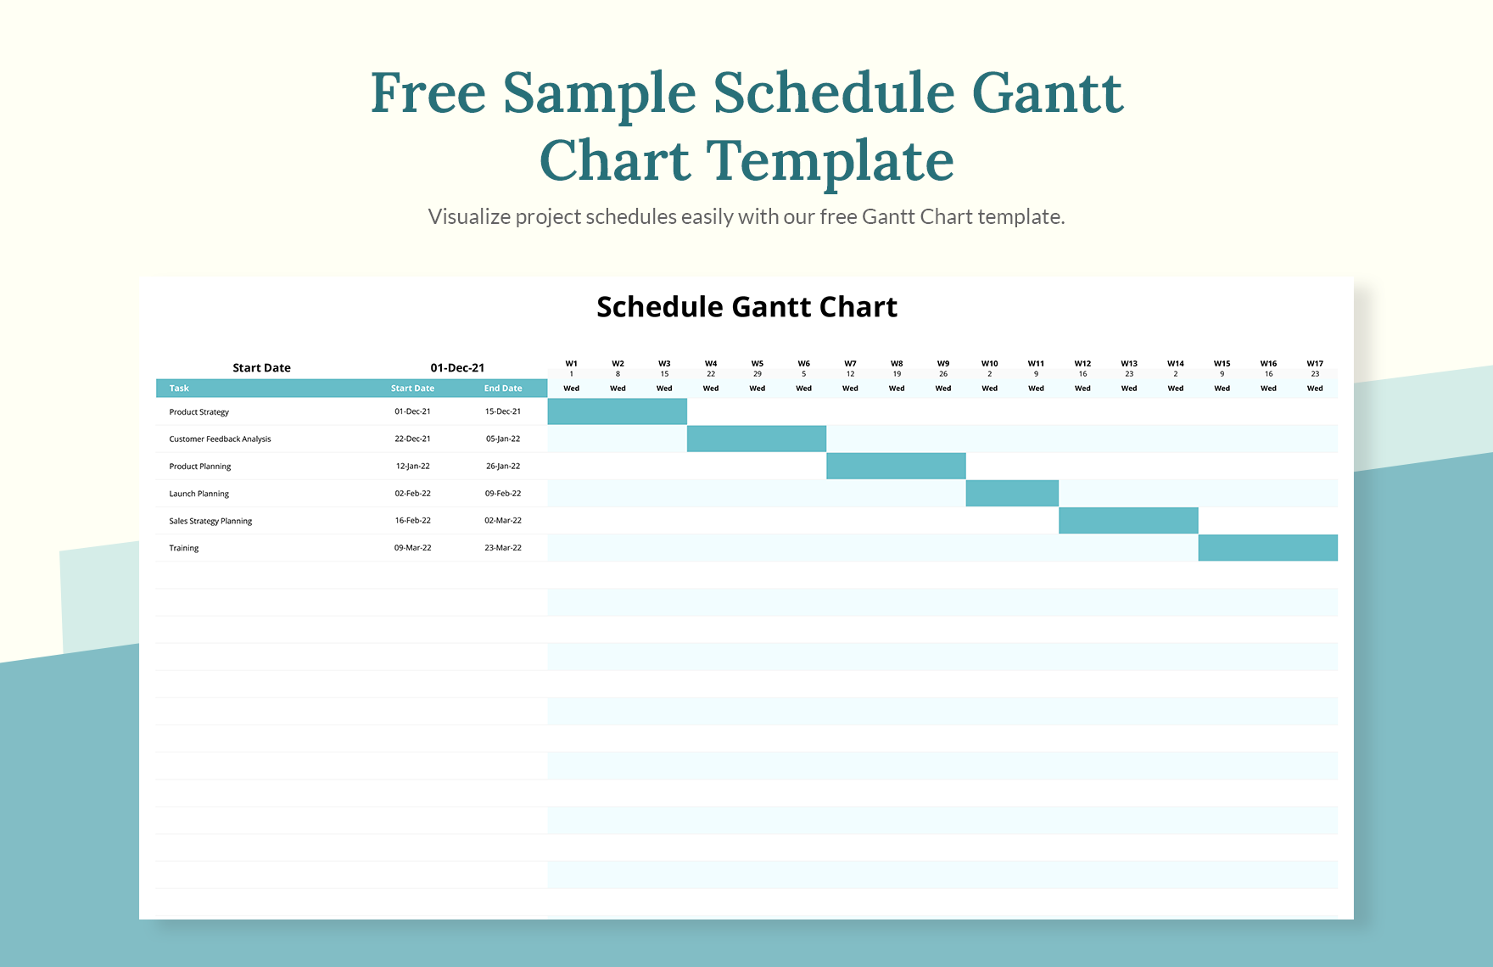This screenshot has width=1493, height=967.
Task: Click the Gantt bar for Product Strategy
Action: [617, 411]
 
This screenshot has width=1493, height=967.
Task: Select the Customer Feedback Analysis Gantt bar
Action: [756, 439]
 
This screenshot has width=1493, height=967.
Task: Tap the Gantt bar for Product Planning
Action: [896, 466]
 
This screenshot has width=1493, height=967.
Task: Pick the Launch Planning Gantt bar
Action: [1012, 493]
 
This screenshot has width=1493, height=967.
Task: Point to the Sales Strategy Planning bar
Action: [1128, 521]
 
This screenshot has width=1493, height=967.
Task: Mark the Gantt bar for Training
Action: [1267, 548]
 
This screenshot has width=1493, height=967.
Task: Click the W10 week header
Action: [989, 364]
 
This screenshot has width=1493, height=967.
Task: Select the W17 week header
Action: [1315, 364]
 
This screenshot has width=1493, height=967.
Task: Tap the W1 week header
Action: [571, 364]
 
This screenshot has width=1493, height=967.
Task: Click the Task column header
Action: [179, 388]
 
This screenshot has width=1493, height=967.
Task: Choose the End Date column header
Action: [503, 388]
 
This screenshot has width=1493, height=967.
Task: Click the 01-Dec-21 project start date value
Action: [457, 368]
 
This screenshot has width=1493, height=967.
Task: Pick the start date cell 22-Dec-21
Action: [412, 439]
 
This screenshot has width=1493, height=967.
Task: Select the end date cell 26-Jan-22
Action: [503, 466]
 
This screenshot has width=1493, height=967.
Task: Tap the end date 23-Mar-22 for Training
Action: [503, 548]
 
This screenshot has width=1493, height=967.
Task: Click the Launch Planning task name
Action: [199, 494]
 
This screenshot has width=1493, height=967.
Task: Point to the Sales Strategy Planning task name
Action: [210, 521]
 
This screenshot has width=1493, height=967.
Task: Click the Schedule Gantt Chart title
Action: [746, 307]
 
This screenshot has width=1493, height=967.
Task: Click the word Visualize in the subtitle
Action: [469, 217]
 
